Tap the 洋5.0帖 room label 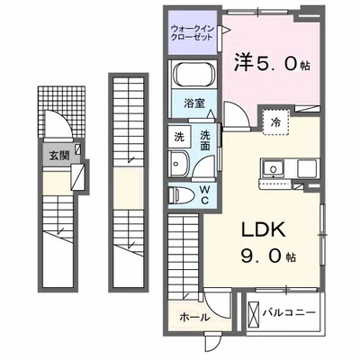(x=272, y=66)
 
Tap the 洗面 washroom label (x=205, y=141)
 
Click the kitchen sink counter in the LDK (x=287, y=167)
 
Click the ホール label (x=195, y=317)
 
